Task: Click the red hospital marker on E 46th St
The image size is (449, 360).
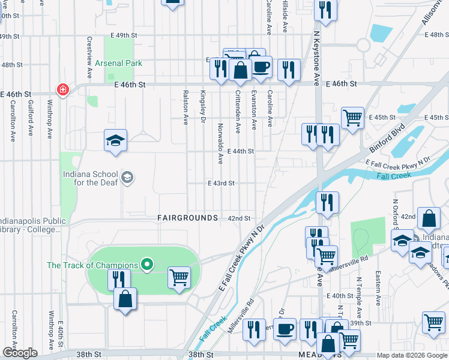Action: pyautogui.click(x=62, y=90)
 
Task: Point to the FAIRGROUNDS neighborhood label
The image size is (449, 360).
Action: pyautogui.click(x=187, y=218)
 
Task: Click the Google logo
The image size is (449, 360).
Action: pyautogui.click(x=19, y=353)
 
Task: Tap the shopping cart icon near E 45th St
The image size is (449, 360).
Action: pyautogui.click(x=352, y=117)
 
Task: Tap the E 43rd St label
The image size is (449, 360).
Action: pyautogui.click(x=221, y=183)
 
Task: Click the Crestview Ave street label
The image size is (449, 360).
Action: pyautogui.click(x=89, y=58)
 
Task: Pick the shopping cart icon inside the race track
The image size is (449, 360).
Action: pyautogui.click(x=179, y=277)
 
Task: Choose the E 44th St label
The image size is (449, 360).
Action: pyautogui.click(x=241, y=152)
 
